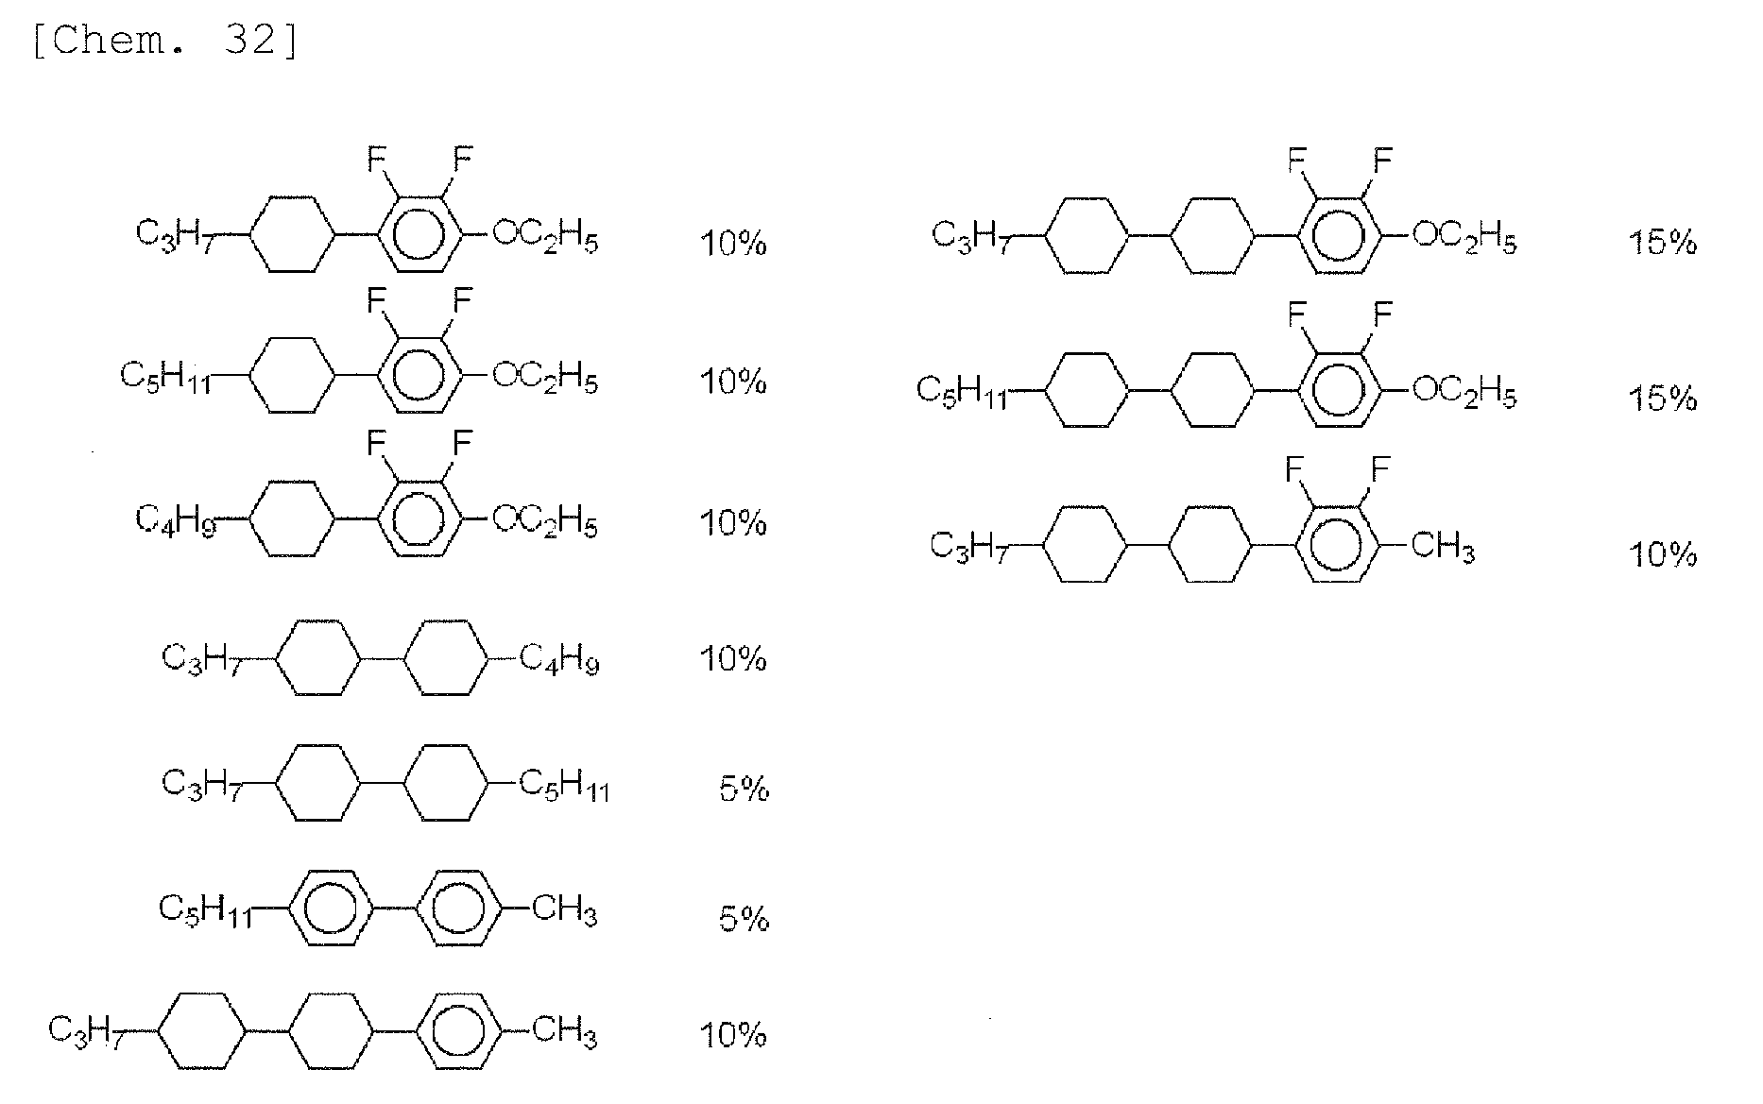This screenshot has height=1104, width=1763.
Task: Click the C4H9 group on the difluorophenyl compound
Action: pos(176,520)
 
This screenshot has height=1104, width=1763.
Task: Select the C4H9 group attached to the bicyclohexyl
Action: pos(559,659)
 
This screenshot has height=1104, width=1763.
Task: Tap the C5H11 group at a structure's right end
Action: pos(564,785)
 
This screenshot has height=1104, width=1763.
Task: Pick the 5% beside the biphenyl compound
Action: pos(744,918)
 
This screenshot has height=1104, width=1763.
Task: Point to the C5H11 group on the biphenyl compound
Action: pos(205,910)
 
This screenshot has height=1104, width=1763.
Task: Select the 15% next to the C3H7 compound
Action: pos(1663,244)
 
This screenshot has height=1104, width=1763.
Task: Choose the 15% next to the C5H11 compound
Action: pos(1663,399)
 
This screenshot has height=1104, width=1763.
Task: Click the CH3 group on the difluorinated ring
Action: pos(1442,547)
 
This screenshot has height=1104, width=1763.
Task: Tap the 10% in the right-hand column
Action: pos(1663,553)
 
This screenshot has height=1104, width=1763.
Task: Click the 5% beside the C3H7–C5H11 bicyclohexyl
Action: pos(744,788)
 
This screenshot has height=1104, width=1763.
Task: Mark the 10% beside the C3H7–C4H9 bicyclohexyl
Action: pos(732,658)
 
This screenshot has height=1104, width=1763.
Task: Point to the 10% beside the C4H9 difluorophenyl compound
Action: pos(732,522)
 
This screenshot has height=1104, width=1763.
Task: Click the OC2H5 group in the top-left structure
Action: pos(545,237)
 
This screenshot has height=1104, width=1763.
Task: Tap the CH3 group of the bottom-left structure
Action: pos(564,1030)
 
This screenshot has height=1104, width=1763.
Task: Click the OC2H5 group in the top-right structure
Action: pos(1464,237)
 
